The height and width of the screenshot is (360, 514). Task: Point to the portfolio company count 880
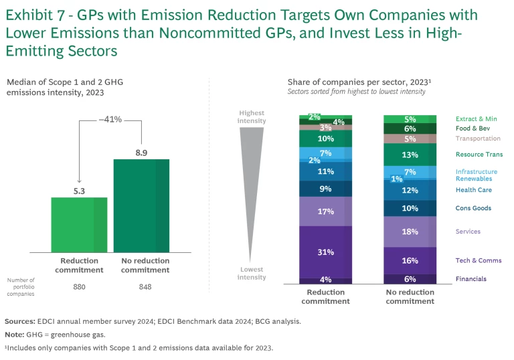[79, 287]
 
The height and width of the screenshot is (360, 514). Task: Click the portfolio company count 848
[141, 287]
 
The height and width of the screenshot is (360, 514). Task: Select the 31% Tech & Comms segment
[325, 252]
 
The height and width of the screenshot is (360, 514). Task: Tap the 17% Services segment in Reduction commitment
[325, 211]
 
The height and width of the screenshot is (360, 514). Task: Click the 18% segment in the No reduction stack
[410, 232]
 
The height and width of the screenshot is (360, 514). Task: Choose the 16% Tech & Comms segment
[410, 260]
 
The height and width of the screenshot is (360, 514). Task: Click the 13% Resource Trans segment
[410, 155]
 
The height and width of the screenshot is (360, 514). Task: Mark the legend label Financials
[471, 279]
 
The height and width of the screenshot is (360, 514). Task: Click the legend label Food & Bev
[472, 128]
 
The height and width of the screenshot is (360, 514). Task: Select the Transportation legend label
[478, 139]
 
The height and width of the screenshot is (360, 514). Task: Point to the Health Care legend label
[474, 190]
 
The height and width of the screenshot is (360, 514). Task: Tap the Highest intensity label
[252, 116]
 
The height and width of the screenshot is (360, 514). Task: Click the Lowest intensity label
[252, 273]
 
